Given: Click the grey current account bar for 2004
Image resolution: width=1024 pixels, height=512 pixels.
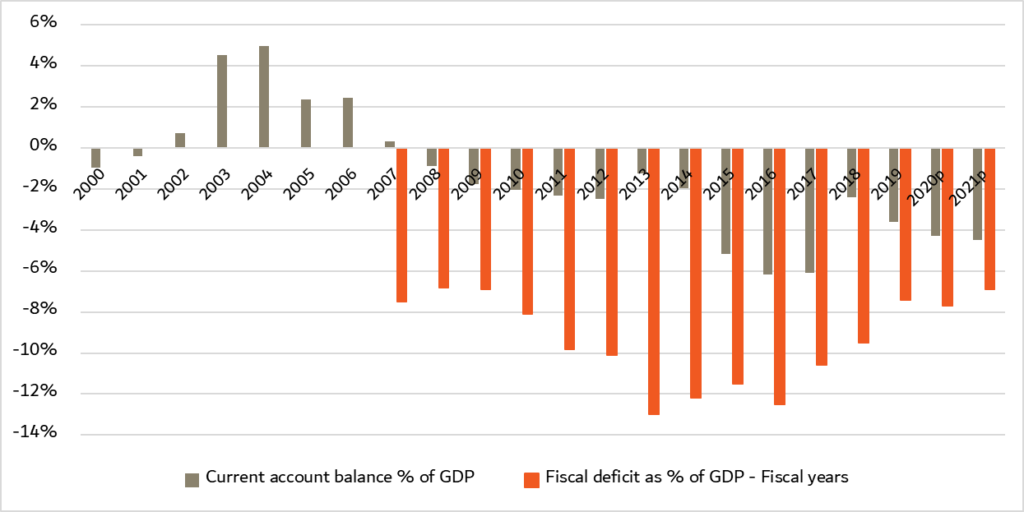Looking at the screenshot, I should [x=264, y=97].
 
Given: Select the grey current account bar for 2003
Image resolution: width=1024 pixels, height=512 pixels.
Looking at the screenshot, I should [x=222, y=101].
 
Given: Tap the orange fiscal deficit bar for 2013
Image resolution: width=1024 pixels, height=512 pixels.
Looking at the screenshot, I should [x=654, y=281].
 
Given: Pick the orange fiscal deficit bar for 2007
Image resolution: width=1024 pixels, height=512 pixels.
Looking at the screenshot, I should [x=402, y=225].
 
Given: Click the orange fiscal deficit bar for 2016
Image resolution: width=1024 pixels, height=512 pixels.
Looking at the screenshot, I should [x=780, y=276].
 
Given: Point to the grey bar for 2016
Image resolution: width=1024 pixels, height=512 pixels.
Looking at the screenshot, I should [x=768, y=211].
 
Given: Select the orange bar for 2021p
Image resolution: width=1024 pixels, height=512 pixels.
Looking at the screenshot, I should [x=989, y=219].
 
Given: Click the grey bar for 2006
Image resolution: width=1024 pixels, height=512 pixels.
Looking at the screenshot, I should [x=348, y=122].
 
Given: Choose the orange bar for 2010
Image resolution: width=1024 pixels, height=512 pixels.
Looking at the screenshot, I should [x=528, y=231].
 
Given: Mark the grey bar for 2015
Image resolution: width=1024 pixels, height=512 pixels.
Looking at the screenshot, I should [x=726, y=201].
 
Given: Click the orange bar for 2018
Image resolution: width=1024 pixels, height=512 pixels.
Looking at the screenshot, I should [x=864, y=245].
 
